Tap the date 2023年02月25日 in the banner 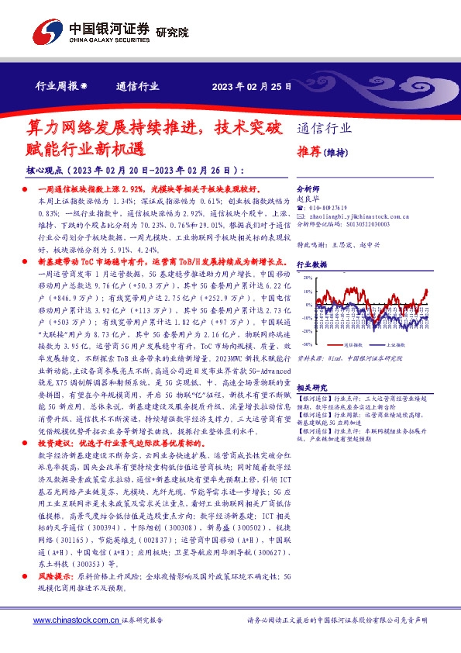tap(251, 87)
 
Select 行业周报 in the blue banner tap(56, 87)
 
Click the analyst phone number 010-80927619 tap(330, 208)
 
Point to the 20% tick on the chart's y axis tap(308, 277)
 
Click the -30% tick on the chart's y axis tap(307, 344)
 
